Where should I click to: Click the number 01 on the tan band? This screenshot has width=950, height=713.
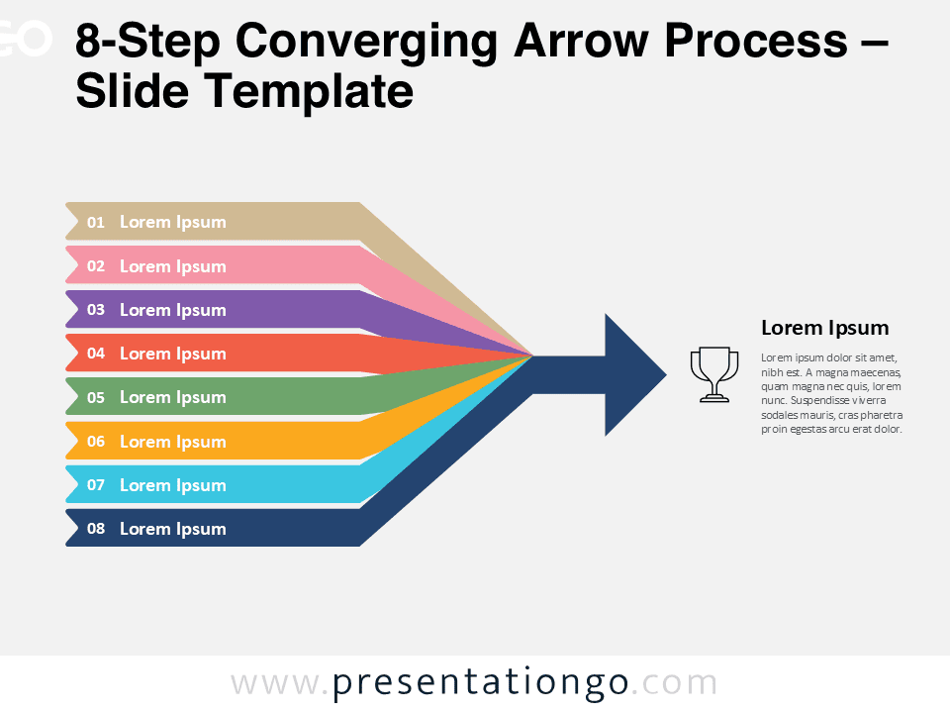click(96, 223)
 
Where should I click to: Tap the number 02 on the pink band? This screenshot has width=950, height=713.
click(96, 266)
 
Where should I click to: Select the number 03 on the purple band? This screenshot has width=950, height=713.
click(96, 310)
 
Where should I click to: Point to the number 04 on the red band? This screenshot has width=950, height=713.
click(96, 354)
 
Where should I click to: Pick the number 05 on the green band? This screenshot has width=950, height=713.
click(96, 397)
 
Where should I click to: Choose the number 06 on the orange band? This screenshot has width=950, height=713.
click(96, 442)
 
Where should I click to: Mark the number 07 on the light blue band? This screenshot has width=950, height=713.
click(96, 485)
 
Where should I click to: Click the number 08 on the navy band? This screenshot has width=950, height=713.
click(96, 529)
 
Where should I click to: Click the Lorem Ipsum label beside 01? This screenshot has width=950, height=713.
click(172, 223)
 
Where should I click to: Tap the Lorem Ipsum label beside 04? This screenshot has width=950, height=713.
click(172, 354)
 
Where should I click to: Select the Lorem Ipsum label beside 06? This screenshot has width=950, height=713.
click(172, 442)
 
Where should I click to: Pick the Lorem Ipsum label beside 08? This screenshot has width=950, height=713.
click(172, 529)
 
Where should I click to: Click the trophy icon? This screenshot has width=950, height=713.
click(713, 374)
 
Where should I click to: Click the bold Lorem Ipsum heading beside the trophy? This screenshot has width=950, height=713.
click(824, 328)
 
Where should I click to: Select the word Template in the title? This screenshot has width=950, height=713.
click(311, 92)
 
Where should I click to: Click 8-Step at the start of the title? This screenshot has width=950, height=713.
click(148, 42)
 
